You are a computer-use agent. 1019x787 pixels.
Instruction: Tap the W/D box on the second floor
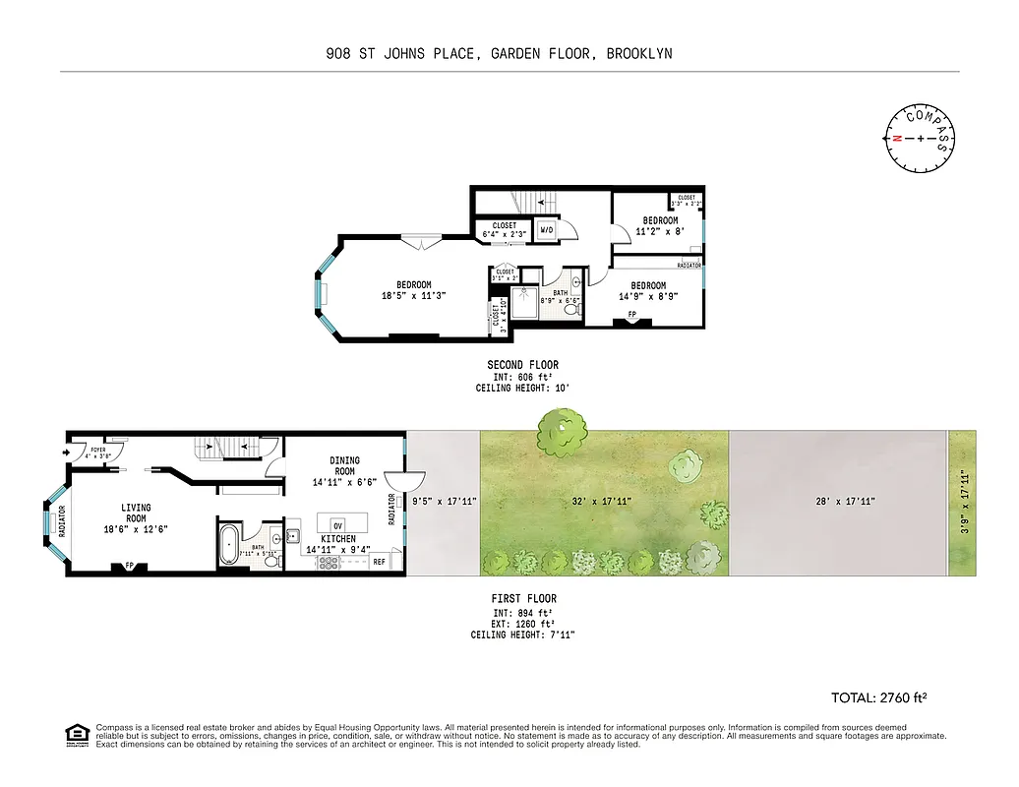click(545, 231)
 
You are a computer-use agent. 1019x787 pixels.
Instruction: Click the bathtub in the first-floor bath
click(227, 544)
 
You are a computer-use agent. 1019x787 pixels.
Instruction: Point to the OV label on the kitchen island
click(337, 523)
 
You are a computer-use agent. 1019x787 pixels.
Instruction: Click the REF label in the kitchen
click(379, 563)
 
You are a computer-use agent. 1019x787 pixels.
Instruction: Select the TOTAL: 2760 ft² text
click(879, 697)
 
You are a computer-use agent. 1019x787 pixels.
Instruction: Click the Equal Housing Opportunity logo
click(76, 734)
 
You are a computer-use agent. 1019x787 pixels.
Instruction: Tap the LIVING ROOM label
click(136, 514)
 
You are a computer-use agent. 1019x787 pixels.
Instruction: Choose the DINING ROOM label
click(344, 465)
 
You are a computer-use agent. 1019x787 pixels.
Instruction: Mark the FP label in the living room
click(128, 566)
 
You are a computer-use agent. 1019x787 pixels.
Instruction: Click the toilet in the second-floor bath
click(569, 310)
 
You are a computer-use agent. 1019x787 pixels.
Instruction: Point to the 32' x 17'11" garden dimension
click(601, 501)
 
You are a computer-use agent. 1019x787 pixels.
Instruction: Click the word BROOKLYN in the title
click(639, 54)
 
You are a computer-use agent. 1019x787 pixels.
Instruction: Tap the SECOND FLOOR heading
click(522, 365)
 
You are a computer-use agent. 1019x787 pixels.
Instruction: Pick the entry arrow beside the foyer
click(67, 453)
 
